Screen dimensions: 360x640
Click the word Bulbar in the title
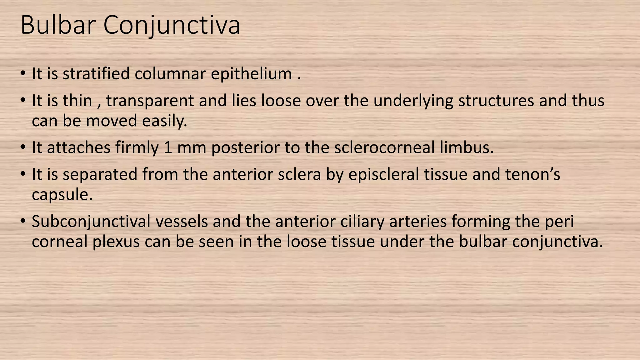pyautogui.click(x=58, y=25)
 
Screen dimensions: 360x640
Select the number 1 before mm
pyautogui.click(x=168, y=148)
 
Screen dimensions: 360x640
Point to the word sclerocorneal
pyautogui.click(x=384, y=148)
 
